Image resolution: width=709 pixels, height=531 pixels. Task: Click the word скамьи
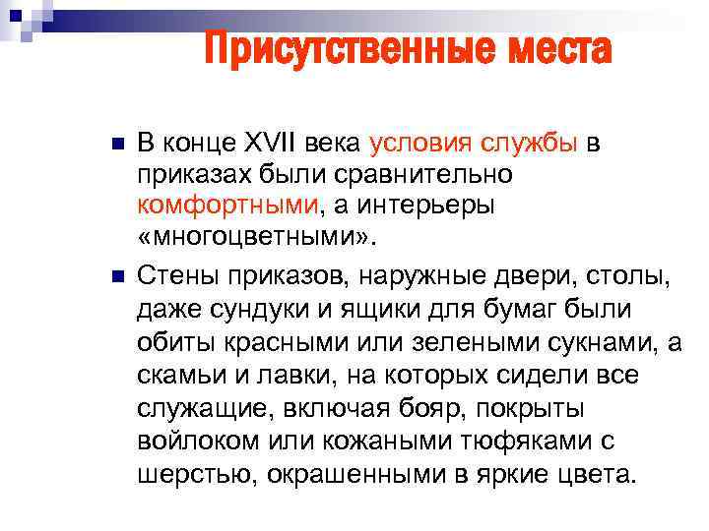pos(178,374)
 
